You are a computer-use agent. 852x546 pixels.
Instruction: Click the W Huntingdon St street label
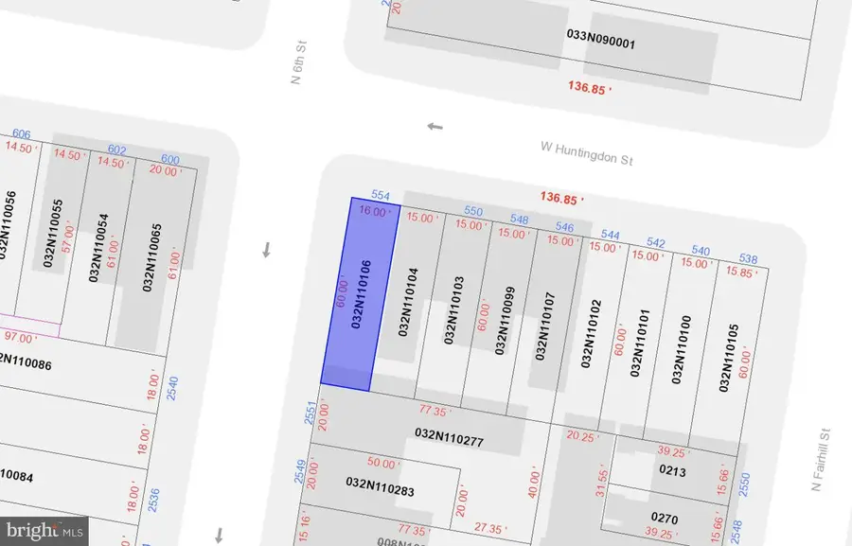pos(586,153)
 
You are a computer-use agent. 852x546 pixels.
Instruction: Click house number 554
pos(381,196)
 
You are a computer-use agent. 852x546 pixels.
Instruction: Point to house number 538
pos(748,259)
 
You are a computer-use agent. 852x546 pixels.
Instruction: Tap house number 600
pos(170,159)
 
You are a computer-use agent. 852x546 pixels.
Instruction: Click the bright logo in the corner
pos(44,530)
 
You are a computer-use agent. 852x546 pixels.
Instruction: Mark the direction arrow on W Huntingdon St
pos(435,126)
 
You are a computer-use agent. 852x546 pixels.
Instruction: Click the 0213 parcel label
pos(671,470)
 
